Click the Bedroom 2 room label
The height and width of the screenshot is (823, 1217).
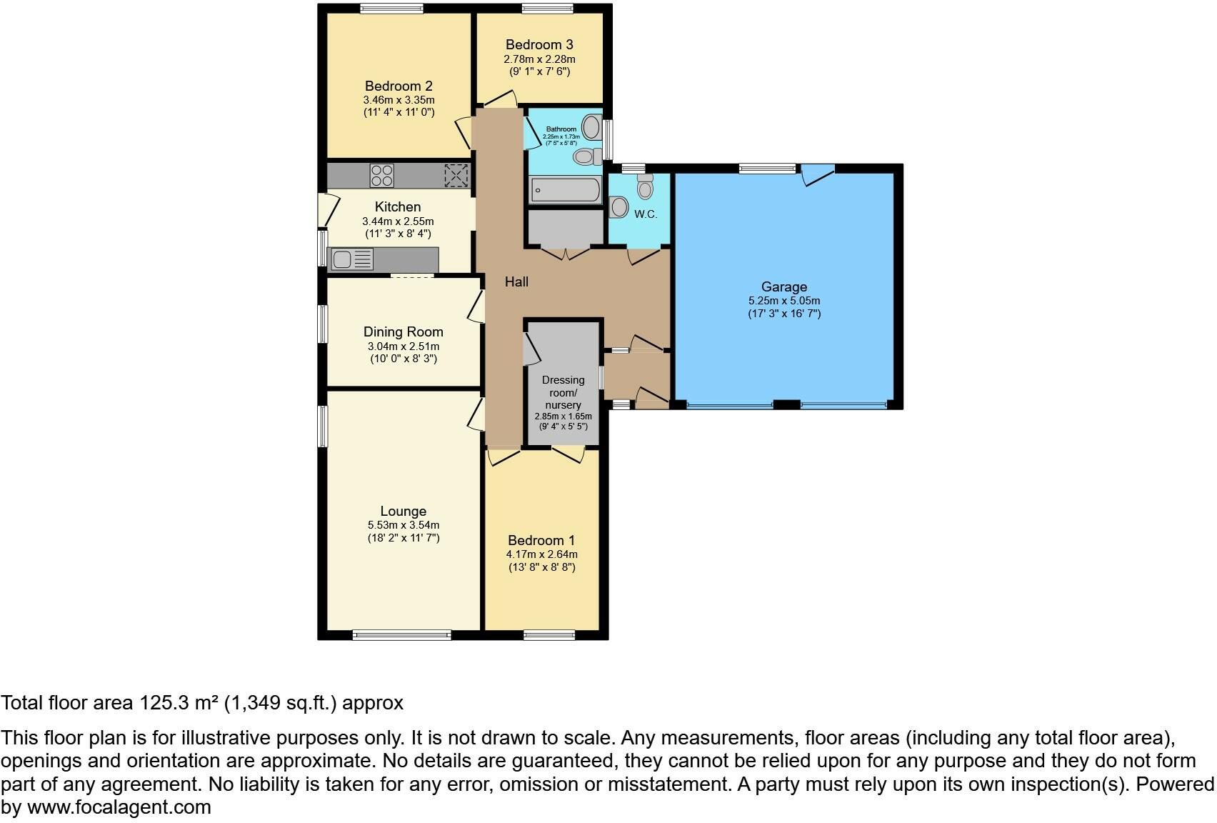click(399, 86)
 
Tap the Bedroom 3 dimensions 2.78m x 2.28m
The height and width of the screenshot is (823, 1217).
click(539, 59)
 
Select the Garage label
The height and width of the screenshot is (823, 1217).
click(784, 286)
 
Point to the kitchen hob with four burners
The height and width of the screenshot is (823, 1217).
click(382, 176)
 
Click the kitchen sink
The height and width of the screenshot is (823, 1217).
click(352, 259)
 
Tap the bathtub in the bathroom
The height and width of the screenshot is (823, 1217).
click(566, 190)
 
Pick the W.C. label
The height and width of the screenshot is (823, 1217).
click(646, 214)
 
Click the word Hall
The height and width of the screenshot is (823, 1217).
click(516, 281)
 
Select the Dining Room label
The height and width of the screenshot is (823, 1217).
click(403, 331)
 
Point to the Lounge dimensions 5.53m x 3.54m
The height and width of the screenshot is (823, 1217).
click(404, 525)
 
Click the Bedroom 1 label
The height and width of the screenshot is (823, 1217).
click(541, 540)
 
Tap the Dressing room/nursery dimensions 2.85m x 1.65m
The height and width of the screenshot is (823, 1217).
click(564, 417)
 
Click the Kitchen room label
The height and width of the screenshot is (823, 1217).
click(398, 206)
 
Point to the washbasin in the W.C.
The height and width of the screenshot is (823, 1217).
click(618, 207)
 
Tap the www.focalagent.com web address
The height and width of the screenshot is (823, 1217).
click(119, 807)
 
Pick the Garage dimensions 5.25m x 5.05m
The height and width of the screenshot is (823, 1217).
click(784, 301)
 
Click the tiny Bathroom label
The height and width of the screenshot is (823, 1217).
click(561, 129)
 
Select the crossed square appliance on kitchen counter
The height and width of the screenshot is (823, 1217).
click(456, 175)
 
